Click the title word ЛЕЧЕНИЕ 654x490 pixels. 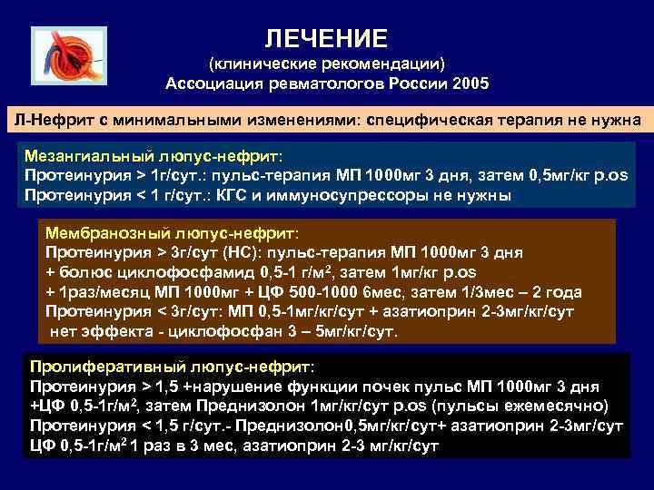pos(326,38)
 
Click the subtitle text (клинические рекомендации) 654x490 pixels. pos(326,64)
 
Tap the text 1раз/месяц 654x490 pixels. pos(95,291)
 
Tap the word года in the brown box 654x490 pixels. pos(562,291)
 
